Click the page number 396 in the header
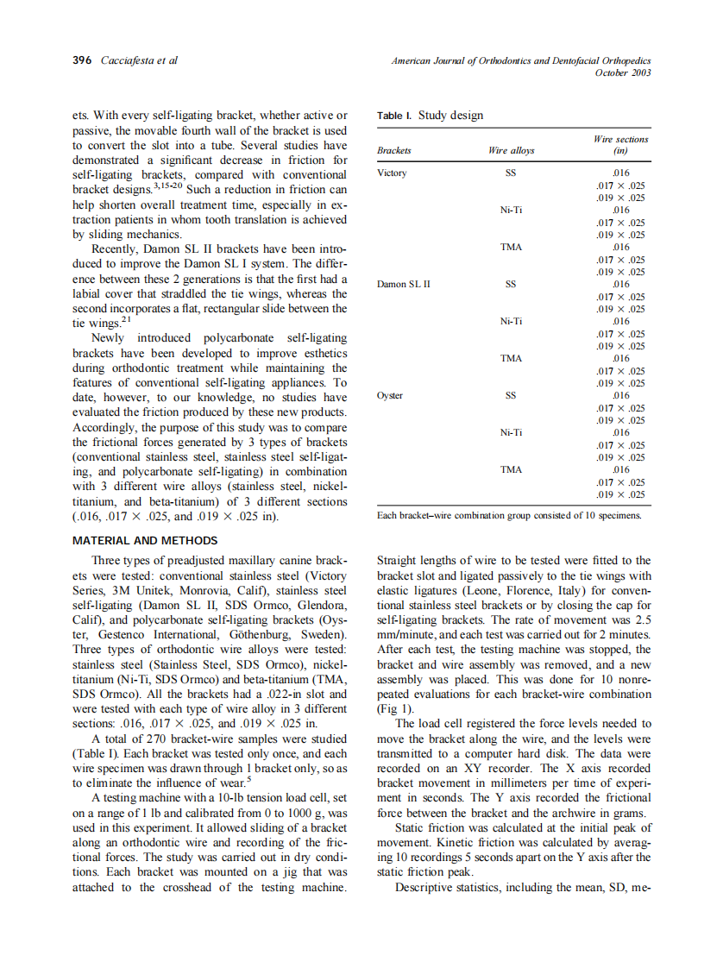click(84, 61)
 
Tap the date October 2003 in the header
click(623, 72)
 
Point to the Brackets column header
click(394, 150)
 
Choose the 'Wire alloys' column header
click(511, 150)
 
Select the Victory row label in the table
click(392, 173)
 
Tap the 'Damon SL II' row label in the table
click(404, 284)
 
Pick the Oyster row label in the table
click(390, 395)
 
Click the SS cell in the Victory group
click(511, 173)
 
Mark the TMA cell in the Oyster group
click(511, 469)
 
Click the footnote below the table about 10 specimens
click(509, 515)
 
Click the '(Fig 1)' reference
click(396, 708)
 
